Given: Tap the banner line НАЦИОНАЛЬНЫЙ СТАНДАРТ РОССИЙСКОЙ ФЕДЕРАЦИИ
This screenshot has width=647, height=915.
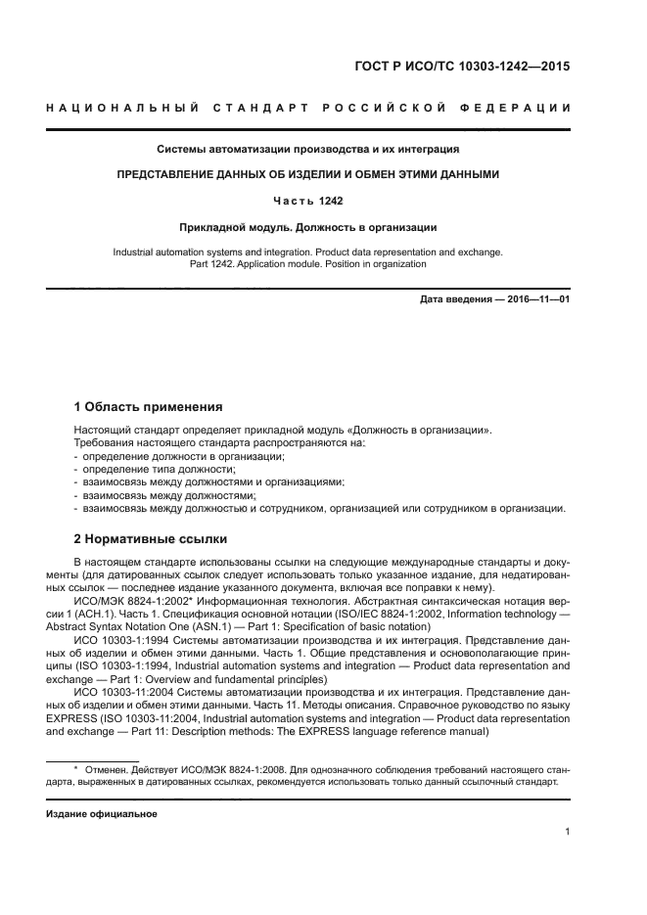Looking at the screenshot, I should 308,107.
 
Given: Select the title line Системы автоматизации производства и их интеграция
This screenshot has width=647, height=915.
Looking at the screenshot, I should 308,150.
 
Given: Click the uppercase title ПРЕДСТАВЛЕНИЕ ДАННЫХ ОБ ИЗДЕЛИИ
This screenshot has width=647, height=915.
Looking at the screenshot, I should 308,175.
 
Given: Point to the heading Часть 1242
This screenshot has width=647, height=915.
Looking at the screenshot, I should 308,201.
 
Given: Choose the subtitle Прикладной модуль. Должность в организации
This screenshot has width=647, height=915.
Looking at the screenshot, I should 308,227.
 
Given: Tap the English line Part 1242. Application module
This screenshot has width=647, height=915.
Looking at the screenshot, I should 308,263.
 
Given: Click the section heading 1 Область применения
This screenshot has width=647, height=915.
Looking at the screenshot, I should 149,407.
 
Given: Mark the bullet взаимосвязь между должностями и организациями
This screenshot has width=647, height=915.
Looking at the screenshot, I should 212,482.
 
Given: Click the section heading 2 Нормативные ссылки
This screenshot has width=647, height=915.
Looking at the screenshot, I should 151,539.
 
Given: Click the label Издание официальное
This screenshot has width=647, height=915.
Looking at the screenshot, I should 102,813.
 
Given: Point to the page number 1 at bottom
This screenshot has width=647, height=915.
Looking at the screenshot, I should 567,832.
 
